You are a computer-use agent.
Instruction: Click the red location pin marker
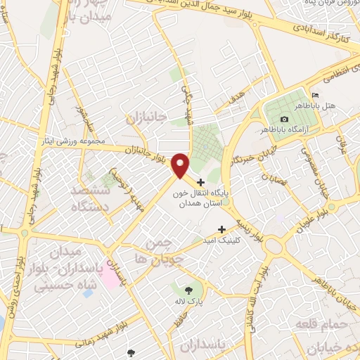[181, 165]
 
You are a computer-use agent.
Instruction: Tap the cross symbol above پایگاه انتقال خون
[202, 182]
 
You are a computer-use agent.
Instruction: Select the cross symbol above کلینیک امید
[222, 229]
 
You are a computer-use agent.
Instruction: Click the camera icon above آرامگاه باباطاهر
[283, 120]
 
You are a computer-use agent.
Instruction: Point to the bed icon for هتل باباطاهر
[314, 96]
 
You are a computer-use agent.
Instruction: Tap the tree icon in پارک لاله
[187, 289]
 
